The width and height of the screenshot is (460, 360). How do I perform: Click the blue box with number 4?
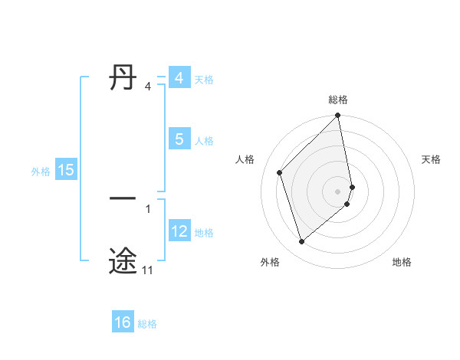pyautogui.click(x=179, y=78)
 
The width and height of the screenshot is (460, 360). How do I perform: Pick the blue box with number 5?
pyautogui.click(x=179, y=139)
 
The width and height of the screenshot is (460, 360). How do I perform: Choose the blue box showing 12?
pyautogui.click(x=179, y=231)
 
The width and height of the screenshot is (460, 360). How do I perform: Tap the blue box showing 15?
pyautogui.click(x=66, y=171)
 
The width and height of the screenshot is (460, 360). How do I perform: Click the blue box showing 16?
pyautogui.click(x=123, y=323)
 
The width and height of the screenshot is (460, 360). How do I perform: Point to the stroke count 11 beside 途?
pyautogui.click(x=147, y=270)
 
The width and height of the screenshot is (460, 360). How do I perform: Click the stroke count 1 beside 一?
pyautogui.click(x=148, y=208)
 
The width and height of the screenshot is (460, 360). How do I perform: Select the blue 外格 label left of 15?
pyautogui.click(x=41, y=172)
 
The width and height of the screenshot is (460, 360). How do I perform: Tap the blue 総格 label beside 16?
pyautogui.click(x=147, y=324)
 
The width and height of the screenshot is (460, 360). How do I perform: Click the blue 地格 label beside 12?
pyautogui.click(x=204, y=232)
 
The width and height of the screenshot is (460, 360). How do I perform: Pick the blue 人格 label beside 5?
pyautogui.click(x=204, y=141)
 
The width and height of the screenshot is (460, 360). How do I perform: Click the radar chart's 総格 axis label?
pyautogui.click(x=338, y=100)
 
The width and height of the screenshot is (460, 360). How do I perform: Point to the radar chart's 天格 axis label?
pyautogui.click(x=432, y=159)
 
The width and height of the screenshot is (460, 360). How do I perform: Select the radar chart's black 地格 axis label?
pyautogui.click(x=402, y=262)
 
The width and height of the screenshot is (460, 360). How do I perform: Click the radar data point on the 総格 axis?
pyautogui.click(x=338, y=116)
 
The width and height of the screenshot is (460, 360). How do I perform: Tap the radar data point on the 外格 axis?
pyautogui.click(x=301, y=242)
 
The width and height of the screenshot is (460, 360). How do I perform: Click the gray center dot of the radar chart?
pyautogui.click(x=338, y=191)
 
